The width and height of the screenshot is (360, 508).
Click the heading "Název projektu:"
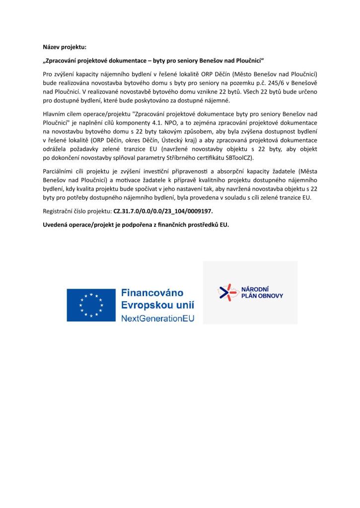(x=65, y=47)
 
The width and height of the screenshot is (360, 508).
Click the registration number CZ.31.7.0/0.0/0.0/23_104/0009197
(x=163, y=211)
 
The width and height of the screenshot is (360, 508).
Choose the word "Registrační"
(x=60, y=211)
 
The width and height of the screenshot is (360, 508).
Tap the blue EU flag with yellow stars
(x=91, y=305)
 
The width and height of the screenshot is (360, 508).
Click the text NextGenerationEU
(x=158, y=317)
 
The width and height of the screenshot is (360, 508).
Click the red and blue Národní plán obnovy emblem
(x=227, y=292)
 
